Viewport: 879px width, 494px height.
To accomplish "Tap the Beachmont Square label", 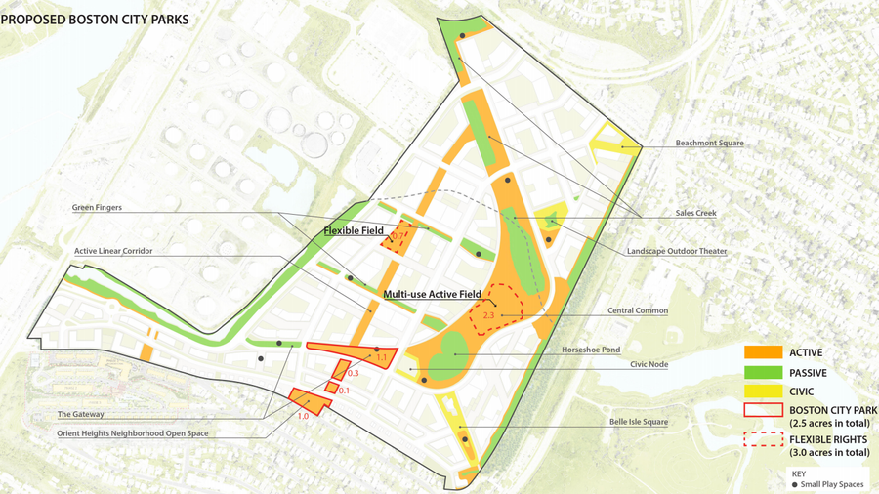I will [709, 144].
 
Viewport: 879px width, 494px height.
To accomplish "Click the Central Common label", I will [638, 311].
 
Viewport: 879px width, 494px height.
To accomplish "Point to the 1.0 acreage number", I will [303, 417].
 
